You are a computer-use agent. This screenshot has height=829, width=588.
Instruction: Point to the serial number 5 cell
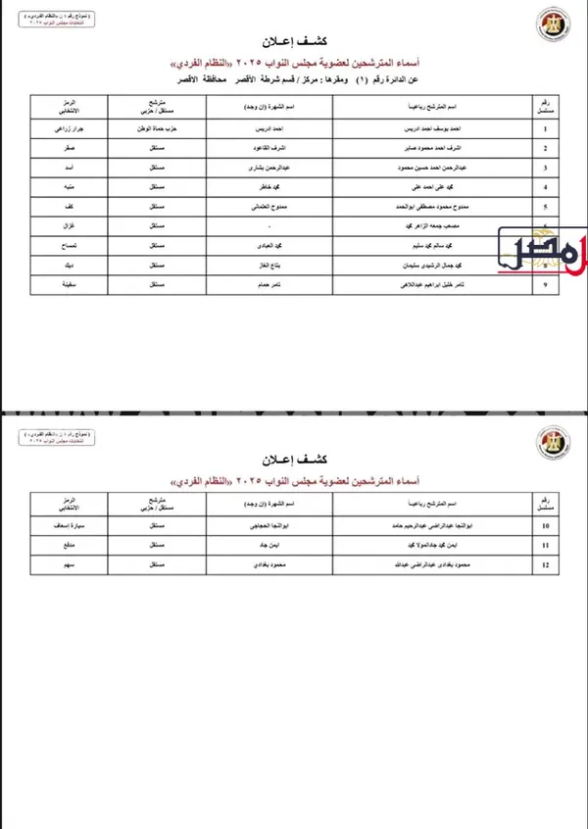544,207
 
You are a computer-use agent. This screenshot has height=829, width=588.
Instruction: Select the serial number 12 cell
544,565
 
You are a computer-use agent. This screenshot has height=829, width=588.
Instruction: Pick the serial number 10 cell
544,526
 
